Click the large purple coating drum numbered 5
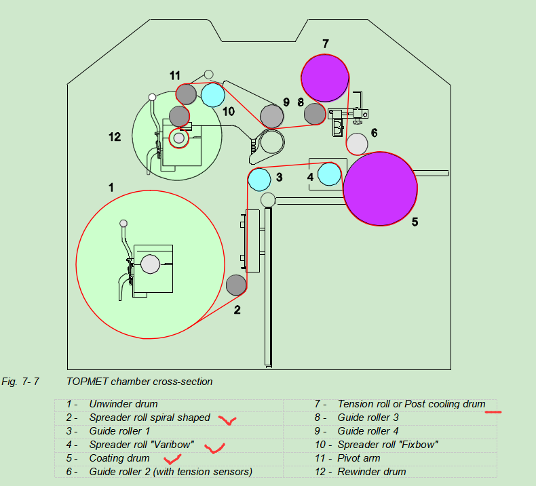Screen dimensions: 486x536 coord(380,188)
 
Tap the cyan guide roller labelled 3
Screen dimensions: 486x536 coord(259,180)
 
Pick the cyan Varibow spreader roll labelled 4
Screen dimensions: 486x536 coord(330,174)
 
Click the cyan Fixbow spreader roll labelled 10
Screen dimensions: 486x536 coord(212,95)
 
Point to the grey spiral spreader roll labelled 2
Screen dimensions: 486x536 coord(235,285)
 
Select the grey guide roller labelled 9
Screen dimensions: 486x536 coord(272,117)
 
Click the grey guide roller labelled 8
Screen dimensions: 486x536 coord(315,114)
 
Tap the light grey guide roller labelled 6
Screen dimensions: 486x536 coord(357,144)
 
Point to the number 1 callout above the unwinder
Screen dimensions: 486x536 coord(111,186)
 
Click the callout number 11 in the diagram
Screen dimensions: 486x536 coord(175,75)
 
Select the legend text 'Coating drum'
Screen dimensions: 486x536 coord(119,458)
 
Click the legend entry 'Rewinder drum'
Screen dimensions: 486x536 coord(372,472)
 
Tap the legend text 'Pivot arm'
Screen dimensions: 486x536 coord(360,458)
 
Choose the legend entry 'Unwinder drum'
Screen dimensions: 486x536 coord(123,404)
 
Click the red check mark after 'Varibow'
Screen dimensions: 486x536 coord(216,447)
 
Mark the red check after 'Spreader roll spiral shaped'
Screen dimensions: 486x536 coord(227,421)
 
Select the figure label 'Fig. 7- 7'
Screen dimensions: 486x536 coord(20,382)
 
